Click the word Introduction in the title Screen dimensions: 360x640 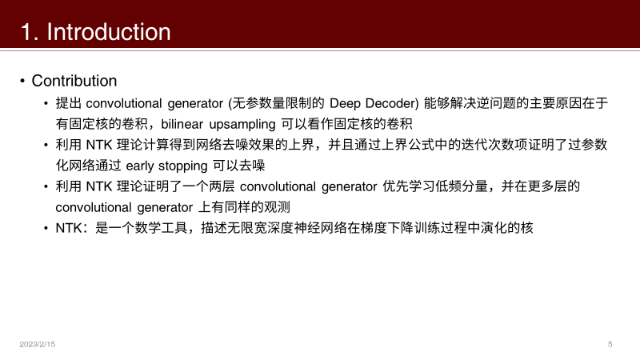[109, 32]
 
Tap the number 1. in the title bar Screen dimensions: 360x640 [30, 32]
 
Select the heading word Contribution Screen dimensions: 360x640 [74, 81]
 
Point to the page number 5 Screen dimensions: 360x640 [610, 344]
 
